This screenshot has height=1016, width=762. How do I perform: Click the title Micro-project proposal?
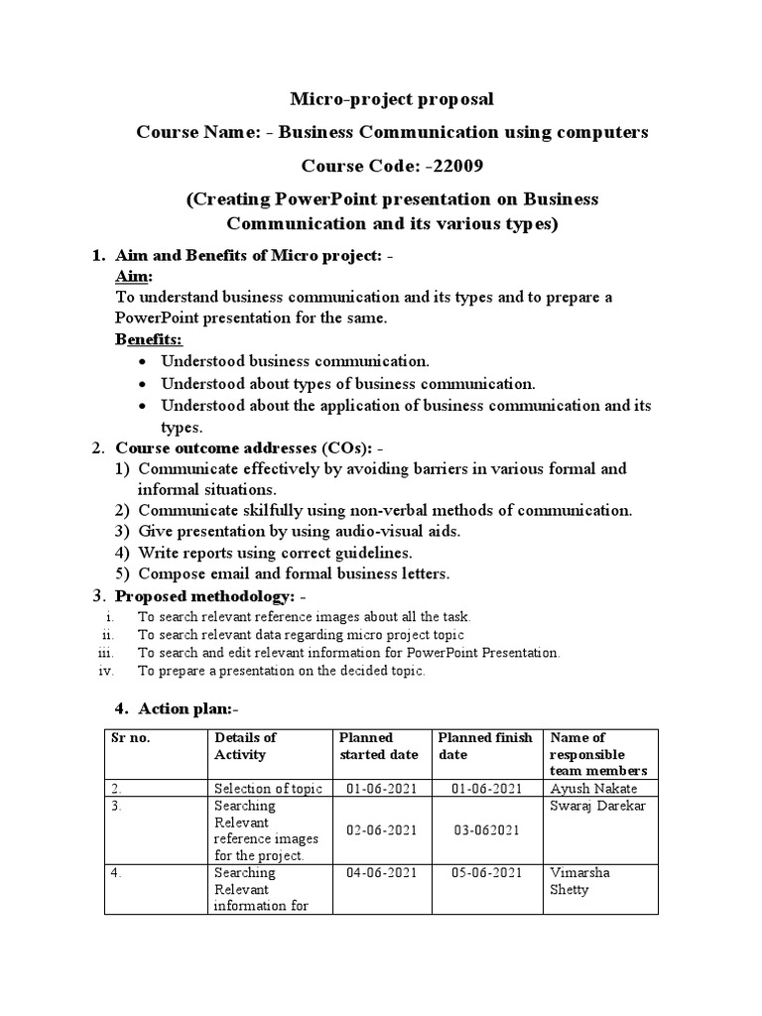tap(390, 99)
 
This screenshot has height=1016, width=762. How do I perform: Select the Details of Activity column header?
tap(245, 746)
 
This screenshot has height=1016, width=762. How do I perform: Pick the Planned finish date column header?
tap(485, 746)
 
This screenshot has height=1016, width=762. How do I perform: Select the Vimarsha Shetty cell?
tap(582, 881)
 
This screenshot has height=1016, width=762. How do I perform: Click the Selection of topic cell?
tap(268, 789)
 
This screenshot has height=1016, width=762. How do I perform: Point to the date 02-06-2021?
tap(381, 828)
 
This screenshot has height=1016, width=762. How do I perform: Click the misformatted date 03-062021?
tap(485, 828)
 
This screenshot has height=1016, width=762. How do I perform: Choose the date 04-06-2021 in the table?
tap(381, 872)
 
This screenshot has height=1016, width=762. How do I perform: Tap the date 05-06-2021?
tap(485, 872)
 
